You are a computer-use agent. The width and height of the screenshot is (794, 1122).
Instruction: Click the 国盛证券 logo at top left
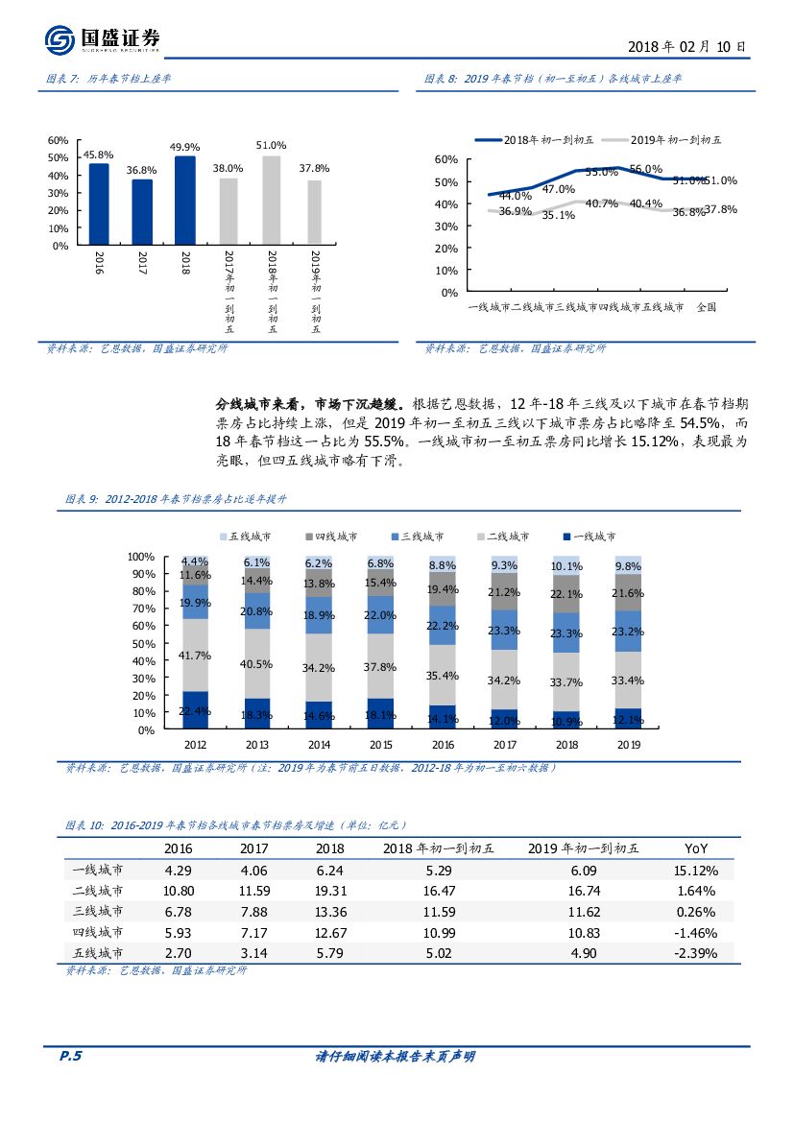pos(102,39)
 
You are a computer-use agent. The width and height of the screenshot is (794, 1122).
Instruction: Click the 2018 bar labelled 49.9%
pos(184,200)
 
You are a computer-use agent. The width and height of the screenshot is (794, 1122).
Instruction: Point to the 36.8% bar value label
pos(141,170)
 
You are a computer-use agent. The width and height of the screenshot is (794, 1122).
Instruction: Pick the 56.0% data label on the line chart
pos(646,169)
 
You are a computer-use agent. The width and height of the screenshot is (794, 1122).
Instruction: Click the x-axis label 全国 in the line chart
pos(706,307)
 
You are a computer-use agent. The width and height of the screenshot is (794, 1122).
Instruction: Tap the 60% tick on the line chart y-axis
pos(445,159)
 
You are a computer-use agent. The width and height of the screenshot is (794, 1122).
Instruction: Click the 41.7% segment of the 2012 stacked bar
pos(196,655)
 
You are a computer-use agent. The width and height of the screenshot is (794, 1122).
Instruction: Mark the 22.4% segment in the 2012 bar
pos(196,710)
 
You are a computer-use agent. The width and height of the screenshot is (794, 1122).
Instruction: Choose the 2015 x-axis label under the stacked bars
pos(379,744)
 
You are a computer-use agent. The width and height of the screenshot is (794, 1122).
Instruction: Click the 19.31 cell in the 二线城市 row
pos(329,891)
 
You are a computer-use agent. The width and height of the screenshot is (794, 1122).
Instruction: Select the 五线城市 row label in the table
pos(98,953)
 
